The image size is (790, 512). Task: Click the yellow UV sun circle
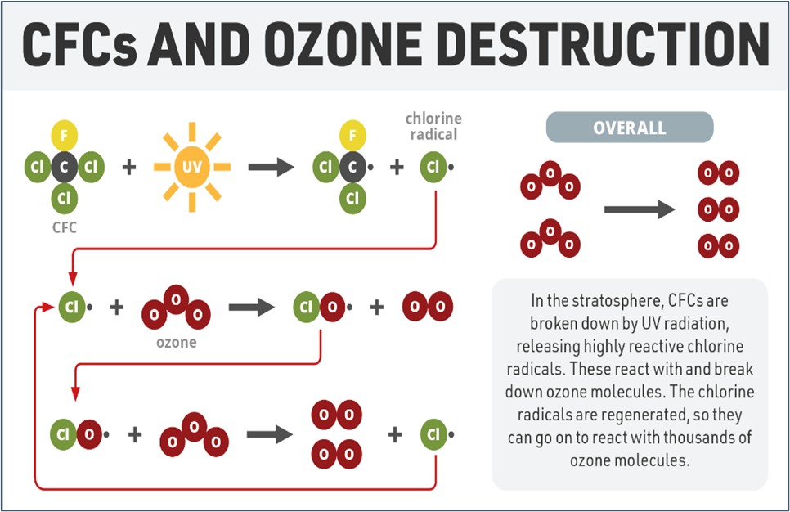point(192,167)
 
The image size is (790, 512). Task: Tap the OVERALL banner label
point(629,128)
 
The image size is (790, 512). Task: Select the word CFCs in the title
point(79,44)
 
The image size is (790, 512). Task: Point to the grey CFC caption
point(65,227)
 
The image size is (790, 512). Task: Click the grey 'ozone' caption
point(177,343)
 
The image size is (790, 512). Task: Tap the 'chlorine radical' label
point(433,126)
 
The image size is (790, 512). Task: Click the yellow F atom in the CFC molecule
point(65,135)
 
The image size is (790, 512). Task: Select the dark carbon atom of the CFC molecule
point(64,167)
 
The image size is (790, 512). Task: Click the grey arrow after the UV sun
point(271,167)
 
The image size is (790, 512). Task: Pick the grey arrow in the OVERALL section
point(640,209)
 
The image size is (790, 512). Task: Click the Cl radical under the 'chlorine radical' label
point(433,167)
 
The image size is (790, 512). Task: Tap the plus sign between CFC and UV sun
point(129,167)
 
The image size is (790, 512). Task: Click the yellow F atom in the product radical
point(352,135)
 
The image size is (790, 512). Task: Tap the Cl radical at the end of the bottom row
point(433,434)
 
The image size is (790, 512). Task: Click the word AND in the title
point(200,44)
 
